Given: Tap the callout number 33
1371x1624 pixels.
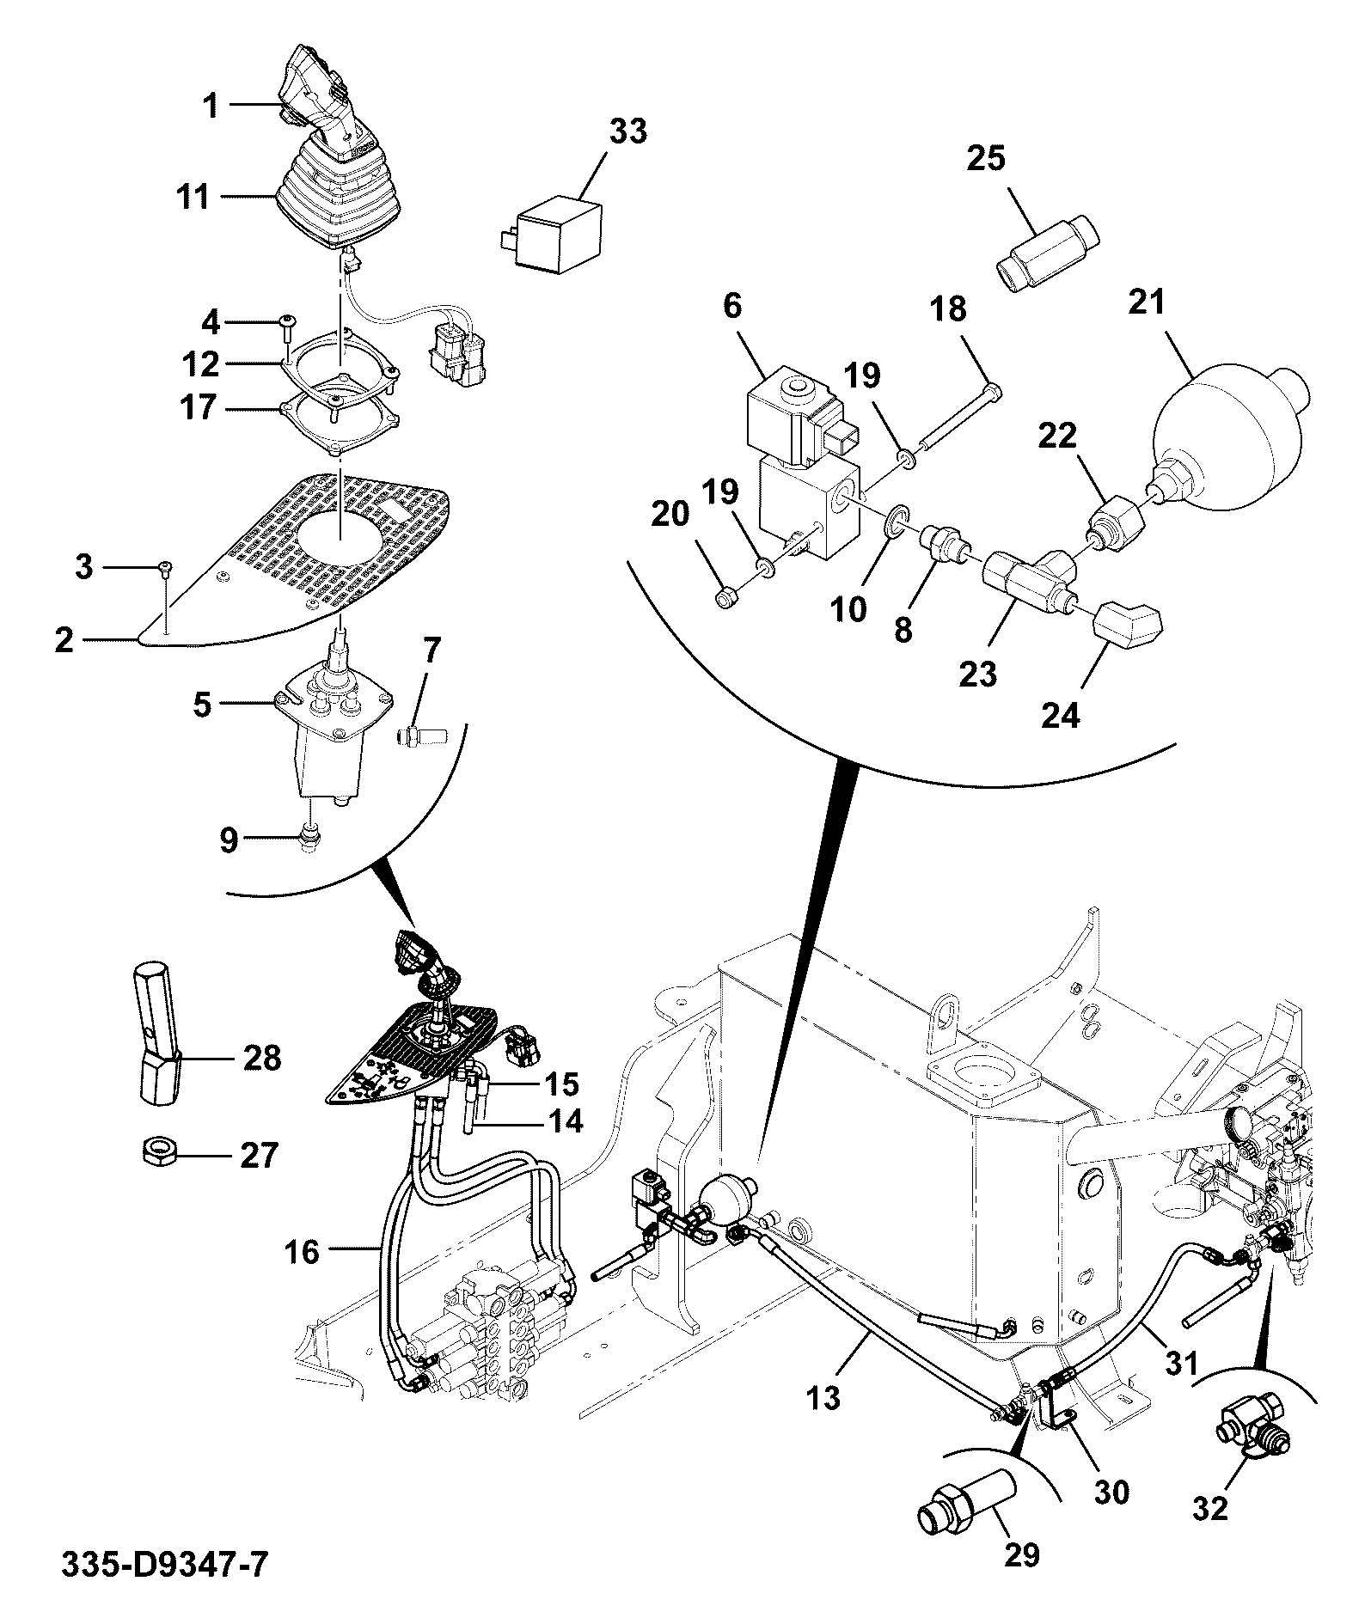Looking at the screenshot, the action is tap(628, 132).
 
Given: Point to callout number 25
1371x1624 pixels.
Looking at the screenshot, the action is tap(986, 158).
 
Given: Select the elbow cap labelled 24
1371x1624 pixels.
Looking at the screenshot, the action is tap(1127, 622).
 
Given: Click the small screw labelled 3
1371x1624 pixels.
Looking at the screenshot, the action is tap(166, 566).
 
